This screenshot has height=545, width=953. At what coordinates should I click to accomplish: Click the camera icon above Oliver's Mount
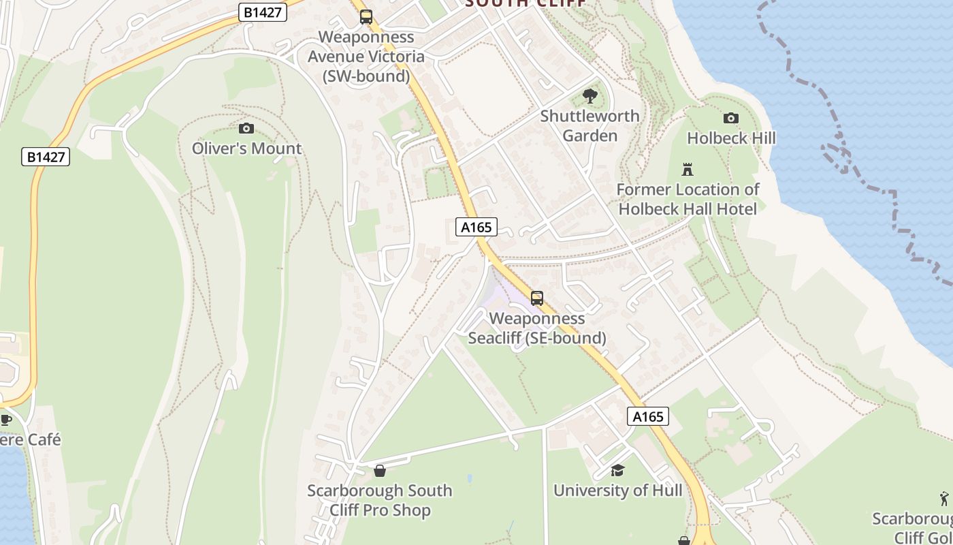pyautogui.click(x=246, y=128)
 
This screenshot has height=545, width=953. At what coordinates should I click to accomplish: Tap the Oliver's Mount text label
pyautogui.click(x=246, y=149)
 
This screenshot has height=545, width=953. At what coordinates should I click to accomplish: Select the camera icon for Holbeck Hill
pyautogui.click(x=731, y=118)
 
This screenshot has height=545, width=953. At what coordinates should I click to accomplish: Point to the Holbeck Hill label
pyautogui.click(x=731, y=138)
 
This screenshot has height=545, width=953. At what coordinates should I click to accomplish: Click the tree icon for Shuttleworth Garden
pyautogui.click(x=590, y=96)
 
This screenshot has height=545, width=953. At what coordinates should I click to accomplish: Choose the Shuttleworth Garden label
pyautogui.click(x=590, y=126)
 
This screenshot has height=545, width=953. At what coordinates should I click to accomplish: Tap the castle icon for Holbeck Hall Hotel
pyautogui.click(x=688, y=169)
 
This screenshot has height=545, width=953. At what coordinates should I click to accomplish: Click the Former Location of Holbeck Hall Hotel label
pyautogui.click(x=688, y=199)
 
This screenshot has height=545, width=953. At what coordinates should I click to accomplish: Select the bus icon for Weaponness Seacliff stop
pyautogui.click(x=537, y=298)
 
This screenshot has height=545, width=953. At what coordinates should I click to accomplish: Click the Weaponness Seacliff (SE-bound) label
pyautogui.click(x=537, y=328)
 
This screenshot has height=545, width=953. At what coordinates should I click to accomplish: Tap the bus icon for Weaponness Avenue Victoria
pyautogui.click(x=366, y=17)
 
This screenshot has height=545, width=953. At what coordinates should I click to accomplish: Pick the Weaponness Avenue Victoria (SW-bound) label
pyautogui.click(x=366, y=57)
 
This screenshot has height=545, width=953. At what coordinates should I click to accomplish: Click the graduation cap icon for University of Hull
pyautogui.click(x=617, y=470)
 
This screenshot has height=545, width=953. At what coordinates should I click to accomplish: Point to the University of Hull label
pyautogui.click(x=617, y=490)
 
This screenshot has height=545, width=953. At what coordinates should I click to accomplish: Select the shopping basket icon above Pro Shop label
pyautogui.click(x=380, y=471)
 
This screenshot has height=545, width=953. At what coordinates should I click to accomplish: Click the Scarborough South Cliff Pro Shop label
pyautogui.click(x=379, y=501)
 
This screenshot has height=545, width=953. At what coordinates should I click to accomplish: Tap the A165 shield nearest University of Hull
pyautogui.click(x=647, y=417)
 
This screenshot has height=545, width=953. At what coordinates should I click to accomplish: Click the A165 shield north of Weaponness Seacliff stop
pyautogui.click(x=476, y=227)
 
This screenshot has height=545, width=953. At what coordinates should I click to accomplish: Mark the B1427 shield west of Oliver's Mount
pyautogui.click(x=46, y=157)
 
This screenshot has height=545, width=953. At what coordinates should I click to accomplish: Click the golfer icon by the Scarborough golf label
pyautogui.click(x=944, y=499)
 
